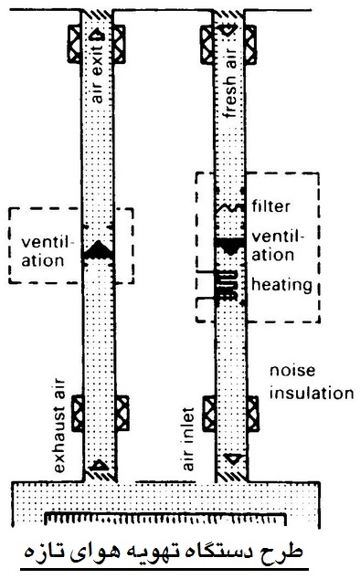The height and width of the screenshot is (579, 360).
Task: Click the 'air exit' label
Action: tap(97, 75)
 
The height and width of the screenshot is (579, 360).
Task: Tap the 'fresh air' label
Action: tap(230, 82)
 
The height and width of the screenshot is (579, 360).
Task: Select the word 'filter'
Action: tap(271, 206)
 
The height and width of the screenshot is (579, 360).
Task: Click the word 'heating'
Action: tap(281, 285)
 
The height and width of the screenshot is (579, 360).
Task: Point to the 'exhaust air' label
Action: tap(58, 426)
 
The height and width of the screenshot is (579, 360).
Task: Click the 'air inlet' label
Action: tap(188, 439)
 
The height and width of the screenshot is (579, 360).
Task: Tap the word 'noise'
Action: tap(292, 371)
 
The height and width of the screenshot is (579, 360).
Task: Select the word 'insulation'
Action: tap(312, 393)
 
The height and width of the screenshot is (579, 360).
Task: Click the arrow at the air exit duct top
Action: tap(99, 34)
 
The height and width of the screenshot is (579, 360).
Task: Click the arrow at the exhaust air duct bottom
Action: tap(99, 465)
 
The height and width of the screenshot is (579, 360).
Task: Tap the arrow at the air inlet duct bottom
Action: tap(233, 458)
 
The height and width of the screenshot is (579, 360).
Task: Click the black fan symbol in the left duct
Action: tap(98, 251)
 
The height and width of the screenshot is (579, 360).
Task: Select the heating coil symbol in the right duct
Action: tap(228, 285)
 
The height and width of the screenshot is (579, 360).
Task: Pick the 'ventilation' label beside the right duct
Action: tap(277, 246)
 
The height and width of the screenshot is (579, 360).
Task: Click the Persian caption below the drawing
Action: tap(164, 553)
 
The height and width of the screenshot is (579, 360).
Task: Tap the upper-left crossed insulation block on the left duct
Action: tap(74, 44)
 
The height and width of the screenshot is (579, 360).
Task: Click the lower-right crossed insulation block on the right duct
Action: tap(253, 414)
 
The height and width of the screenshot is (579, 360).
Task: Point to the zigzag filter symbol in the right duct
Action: tap(228, 207)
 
